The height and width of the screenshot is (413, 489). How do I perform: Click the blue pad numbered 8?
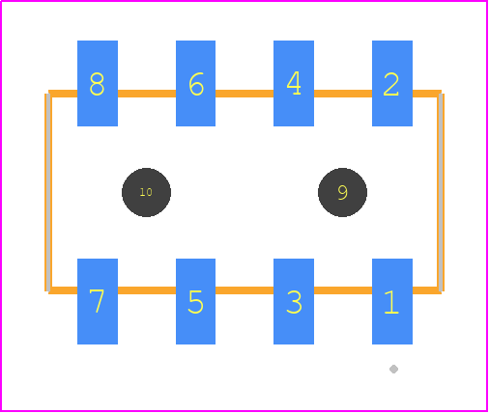[x=98, y=83]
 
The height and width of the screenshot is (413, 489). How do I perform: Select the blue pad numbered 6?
[x=195, y=83]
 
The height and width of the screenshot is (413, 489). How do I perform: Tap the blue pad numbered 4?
[x=294, y=83]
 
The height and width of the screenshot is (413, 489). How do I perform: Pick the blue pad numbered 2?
[x=392, y=83]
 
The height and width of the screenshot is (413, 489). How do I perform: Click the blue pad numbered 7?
[x=98, y=301]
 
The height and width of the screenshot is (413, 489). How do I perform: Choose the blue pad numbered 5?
[x=195, y=301]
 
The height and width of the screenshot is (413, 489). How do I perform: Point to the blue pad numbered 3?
[x=294, y=301]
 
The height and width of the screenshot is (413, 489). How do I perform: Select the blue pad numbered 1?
[x=392, y=301]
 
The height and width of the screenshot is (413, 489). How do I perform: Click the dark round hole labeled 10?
[x=146, y=192]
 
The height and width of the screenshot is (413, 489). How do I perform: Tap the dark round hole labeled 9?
[x=342, y=192]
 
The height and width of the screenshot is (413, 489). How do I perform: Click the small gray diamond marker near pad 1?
[x=393, y=369]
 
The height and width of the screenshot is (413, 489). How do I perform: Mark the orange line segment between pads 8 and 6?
[x=147, y=94]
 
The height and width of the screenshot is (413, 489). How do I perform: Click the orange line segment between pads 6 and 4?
[x=244, y=94]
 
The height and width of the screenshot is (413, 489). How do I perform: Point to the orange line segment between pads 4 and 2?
[x=343, y=94]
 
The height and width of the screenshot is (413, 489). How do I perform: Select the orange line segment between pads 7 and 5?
[x=147, y=290]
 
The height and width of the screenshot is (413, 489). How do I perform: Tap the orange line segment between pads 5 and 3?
[x=244, y=290]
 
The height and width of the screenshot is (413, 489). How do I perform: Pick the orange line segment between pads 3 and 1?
[x=343, y=290]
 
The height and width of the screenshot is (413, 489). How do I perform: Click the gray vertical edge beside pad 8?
[x=48, y=192]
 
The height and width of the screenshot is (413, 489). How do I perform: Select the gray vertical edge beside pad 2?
[x=441, y=192]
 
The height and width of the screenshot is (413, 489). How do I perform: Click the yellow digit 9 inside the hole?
[x=343, y=192]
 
